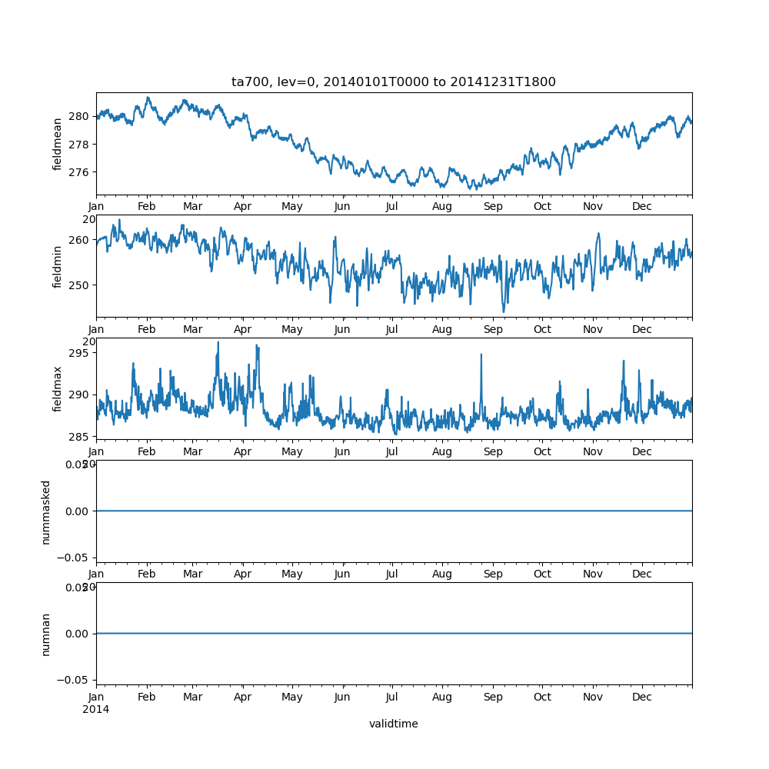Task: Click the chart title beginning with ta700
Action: coord(393,82)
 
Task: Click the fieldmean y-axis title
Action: coord(58,144)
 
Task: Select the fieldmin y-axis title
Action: coord(58,266)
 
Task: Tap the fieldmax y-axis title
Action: coord(58,388)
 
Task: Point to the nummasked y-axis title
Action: coord(46,511)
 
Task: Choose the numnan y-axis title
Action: coord(46,634)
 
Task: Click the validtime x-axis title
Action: coord(393,724)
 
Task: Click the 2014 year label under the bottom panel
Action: coord(95,709)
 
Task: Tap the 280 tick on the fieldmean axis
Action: coord(81,116)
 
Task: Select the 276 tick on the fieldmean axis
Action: coord(81,171)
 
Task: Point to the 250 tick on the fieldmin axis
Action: coord(81,285)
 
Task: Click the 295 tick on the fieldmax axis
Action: coord(81,353)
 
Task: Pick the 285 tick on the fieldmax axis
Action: coord(81,437)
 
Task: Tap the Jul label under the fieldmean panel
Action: coord(392,207)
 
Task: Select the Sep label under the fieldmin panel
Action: coord(493,330)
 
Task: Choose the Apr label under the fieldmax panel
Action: coord(243,452)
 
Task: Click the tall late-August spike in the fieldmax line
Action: coord(481,355)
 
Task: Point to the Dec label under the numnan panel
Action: coord(642,697)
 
